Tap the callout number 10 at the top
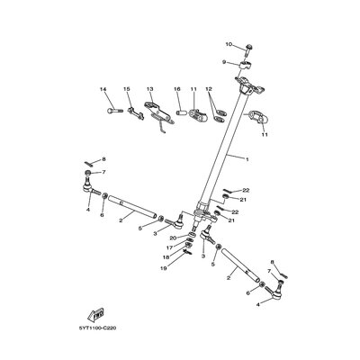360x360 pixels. coord(229,44)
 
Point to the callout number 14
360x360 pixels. coord(103,88)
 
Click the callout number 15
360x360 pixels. coord(127,88)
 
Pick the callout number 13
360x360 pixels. coord(150,88)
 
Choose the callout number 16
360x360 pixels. coord(177,88)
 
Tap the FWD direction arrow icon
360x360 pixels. coord(92,314)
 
